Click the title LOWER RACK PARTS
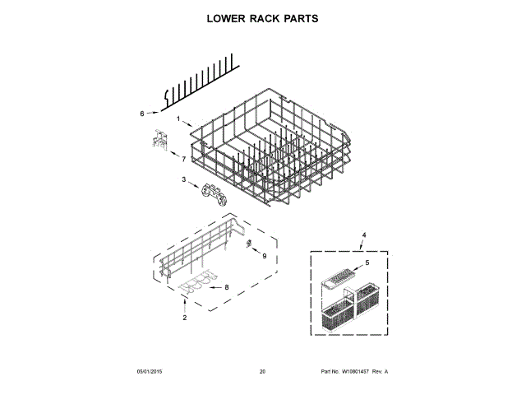[x=262, y=17]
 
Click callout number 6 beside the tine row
[x=141, y=114]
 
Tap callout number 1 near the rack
[x=178, y=118]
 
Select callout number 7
[x=183, y=158]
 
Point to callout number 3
[x=183, y=180]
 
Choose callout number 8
[x=226, y=287]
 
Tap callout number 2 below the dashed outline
[x=184, y=318]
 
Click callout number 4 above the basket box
[x=365, y=235]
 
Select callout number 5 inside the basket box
[x=367, y=263]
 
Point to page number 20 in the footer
[x=262, y=372]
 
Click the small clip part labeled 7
[x=159, y=141]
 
